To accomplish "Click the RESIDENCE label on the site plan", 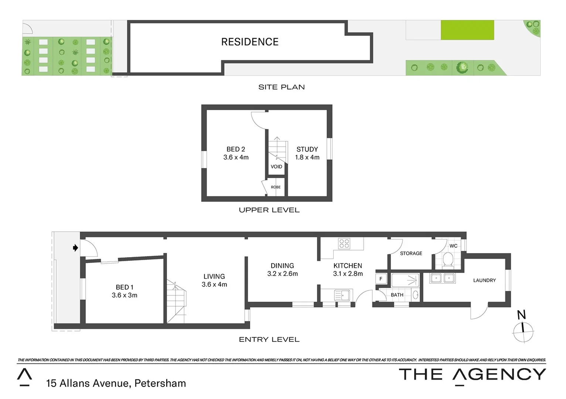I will point(250,42).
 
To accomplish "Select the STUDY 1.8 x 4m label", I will point(307,153).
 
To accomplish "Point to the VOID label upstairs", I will point(276,167).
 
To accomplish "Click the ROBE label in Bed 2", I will point(276,187).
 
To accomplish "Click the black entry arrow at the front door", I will point(75,248).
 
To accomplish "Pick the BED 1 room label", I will point(125,291).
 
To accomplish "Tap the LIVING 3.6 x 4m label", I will point(214,280).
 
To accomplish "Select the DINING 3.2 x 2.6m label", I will point(282,270).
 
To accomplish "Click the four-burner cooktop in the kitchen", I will point(344,244).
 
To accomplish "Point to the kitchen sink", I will point(342,295).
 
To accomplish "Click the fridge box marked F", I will point(381,279).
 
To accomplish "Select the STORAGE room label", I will point(411,253).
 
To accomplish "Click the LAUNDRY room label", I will point(484,280).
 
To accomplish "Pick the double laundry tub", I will point(443,278).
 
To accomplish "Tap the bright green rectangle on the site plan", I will point(467,30).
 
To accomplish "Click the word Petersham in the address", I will point(160,383).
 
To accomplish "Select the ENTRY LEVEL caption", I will point(269,340).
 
